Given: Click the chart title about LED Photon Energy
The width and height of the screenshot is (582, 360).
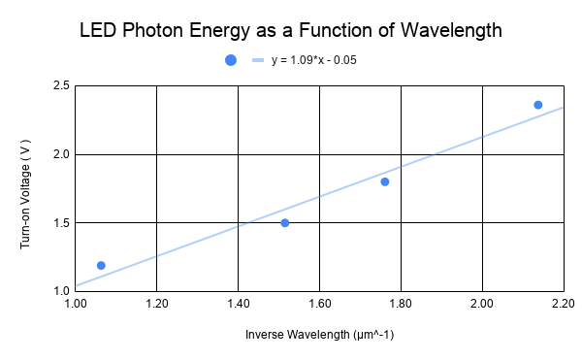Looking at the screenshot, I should tap(291, 30).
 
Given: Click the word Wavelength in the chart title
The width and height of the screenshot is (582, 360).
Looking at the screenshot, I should tap(455, 30).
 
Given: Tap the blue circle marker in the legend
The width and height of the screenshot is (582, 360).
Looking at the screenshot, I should tap(231, 60).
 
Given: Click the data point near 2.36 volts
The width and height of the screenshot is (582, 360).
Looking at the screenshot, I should tap(538, 105).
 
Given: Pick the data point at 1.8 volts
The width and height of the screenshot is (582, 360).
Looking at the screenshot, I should tap(384, 181).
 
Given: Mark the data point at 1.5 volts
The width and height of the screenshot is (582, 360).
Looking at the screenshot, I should tap(284, 222).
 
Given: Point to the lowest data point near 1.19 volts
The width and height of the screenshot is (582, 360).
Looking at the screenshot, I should tap(101, 265).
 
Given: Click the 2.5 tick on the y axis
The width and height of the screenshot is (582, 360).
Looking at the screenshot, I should tap(60, 86).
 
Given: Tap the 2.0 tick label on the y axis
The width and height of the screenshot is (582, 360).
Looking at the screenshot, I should tap(60, 154).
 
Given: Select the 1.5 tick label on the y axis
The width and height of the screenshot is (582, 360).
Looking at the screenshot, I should tap(60, 223).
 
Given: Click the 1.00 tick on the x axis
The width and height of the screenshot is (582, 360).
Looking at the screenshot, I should tap(75, 305).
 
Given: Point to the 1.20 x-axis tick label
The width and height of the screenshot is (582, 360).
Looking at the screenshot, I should tap(156, 305).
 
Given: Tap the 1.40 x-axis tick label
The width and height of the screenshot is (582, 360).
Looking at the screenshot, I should tap(238, 305).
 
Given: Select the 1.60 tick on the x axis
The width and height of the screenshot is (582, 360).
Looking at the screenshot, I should tap(319, 305).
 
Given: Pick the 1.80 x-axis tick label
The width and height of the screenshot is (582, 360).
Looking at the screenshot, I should tap(401, 305).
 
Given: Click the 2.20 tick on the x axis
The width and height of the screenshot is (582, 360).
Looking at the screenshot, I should tap(563, 305).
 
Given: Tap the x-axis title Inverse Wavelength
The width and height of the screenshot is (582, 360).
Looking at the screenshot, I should tap(319, 336).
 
